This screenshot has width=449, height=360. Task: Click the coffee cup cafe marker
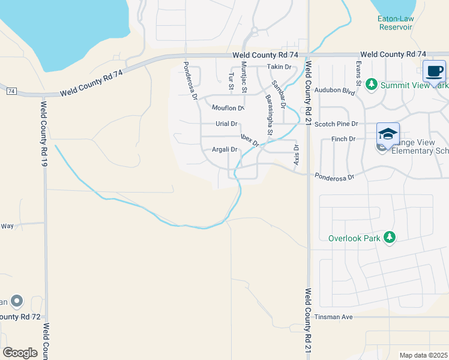pos(434,71)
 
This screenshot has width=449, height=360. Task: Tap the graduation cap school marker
pos(388,133)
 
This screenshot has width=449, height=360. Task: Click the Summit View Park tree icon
pos(371,85)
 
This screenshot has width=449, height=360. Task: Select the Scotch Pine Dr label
pos(337,124)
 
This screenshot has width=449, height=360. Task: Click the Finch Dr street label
pos(343,139)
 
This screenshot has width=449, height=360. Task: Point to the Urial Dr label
pos(226,124)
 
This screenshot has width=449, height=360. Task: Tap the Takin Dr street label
pos(279,67)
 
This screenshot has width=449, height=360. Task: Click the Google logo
pos(20,353)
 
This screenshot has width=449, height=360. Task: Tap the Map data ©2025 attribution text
pos(423,355)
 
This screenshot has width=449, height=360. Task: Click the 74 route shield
pos(11,91)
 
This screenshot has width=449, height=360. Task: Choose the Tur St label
pos(231,82)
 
